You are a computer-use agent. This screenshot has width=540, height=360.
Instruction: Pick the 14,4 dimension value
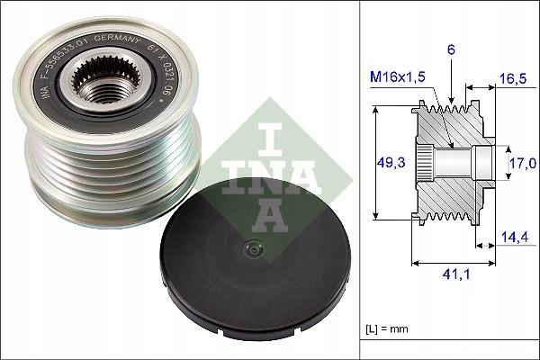pos(513,238)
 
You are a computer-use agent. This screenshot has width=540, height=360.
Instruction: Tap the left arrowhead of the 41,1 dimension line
pos(414,263)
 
